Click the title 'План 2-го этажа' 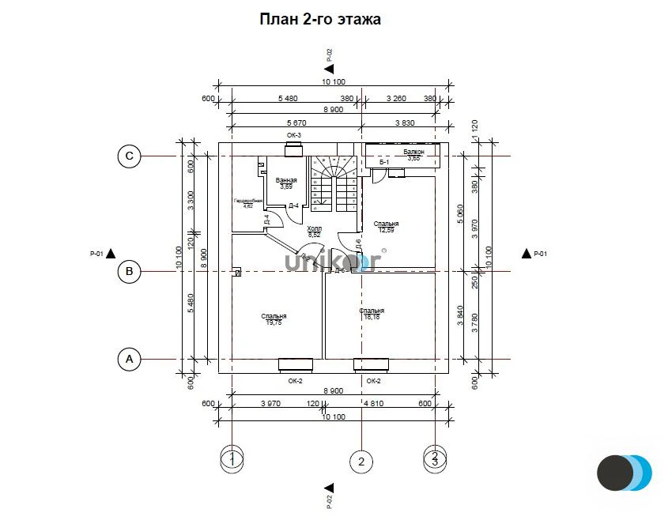pos(320,19)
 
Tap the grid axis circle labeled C pos(130,156)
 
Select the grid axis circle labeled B pos(130,273)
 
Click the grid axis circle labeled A pos(130,360)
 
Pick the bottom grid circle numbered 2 pos(361,461)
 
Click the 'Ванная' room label pos(285,181)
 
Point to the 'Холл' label pos(314,228)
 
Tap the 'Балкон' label pos(413,152)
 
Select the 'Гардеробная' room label pos(247,202)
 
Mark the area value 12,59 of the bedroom pos(387,230)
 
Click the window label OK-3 pos(294,135)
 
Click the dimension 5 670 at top pos(296,123)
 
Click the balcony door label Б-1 pos(385,162)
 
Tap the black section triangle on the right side pos(526,254)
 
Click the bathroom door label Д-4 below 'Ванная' pos(293,206)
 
